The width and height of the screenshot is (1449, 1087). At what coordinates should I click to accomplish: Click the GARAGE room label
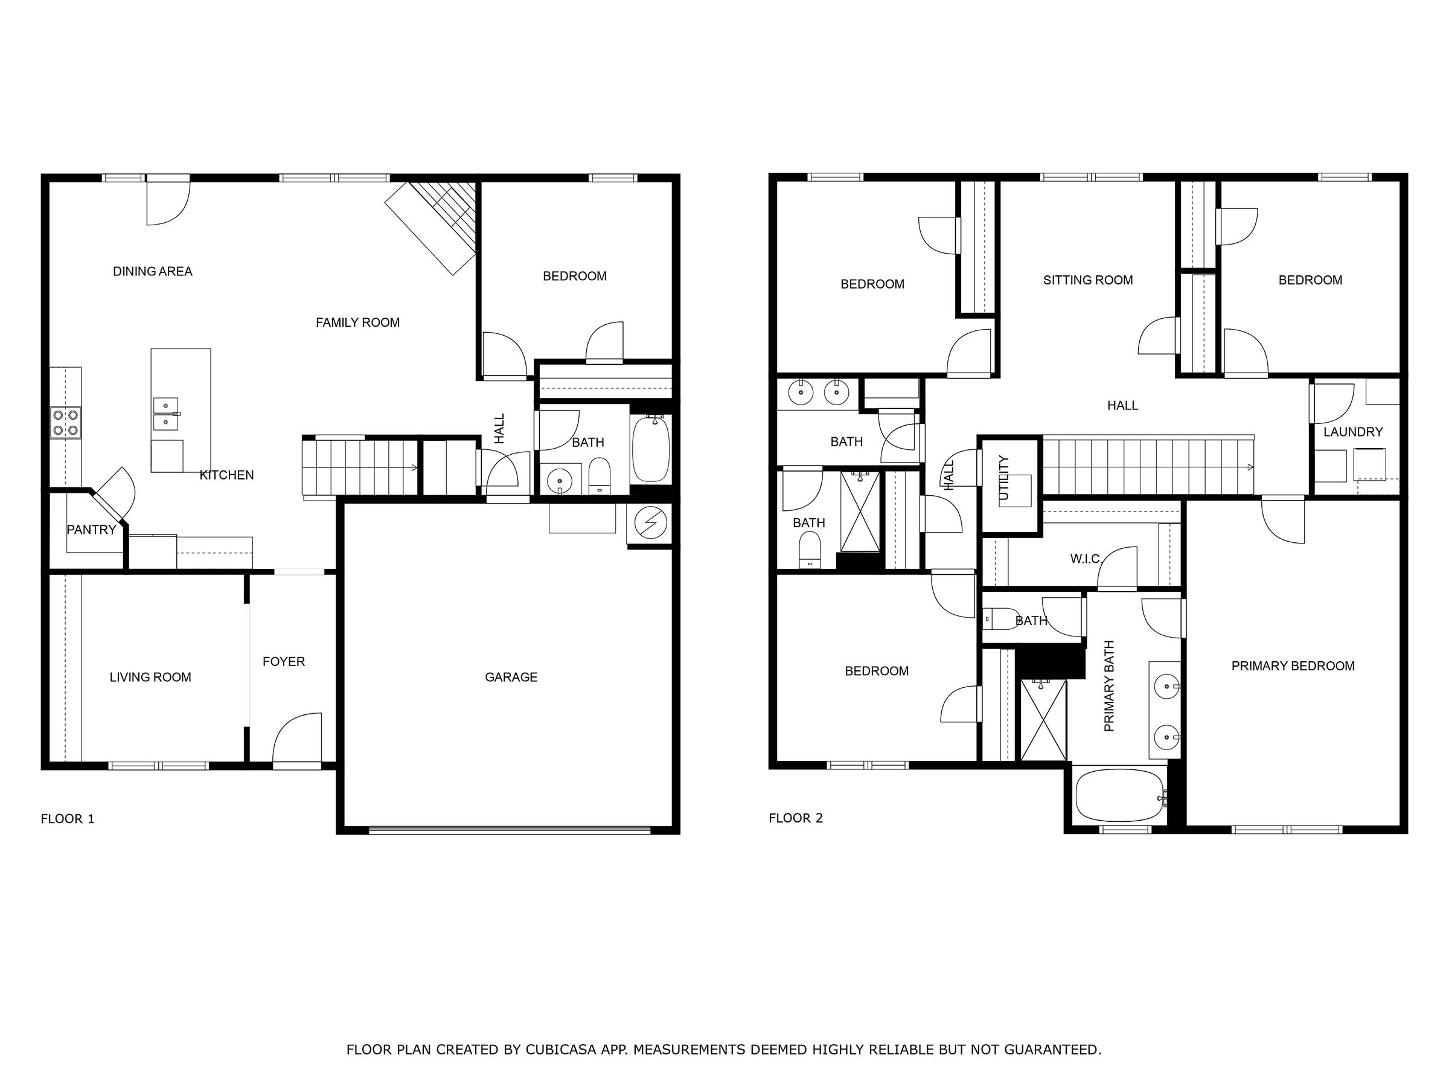coord(511,677)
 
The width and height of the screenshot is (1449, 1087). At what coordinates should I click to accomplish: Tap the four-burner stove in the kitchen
coord(65,423)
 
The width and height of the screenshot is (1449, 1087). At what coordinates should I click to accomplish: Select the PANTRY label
coord(91,530)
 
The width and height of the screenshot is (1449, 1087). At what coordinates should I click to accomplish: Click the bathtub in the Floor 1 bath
coord(650,449)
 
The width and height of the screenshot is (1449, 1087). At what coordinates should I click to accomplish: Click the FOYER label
coord(284,662)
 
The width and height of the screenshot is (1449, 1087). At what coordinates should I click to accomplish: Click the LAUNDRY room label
coord(1353,432)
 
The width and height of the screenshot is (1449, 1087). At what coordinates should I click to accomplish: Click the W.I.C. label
coord(1086,559)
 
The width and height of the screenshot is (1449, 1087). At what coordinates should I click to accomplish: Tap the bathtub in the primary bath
coord(1120,795)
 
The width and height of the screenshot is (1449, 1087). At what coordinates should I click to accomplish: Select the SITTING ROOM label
coord(1087,280)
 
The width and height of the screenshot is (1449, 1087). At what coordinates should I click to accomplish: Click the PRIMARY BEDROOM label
coord(1293,665)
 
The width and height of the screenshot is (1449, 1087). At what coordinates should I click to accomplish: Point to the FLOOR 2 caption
coord(795,818)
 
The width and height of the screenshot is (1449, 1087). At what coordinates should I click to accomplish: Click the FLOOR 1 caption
coord(68,818)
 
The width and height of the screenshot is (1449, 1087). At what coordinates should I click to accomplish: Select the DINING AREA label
coord(153,271)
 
